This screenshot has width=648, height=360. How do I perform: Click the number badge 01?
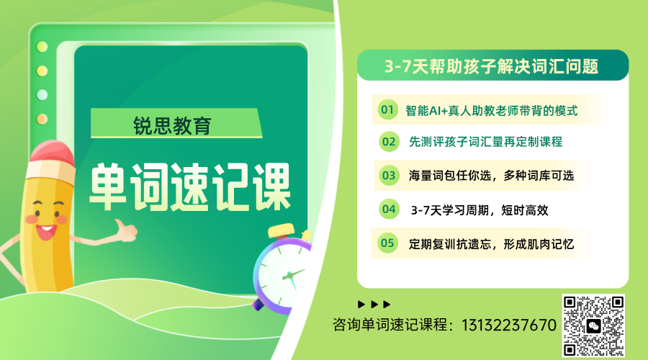tap(388, 110)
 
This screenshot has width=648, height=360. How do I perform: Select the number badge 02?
tap(389, 142)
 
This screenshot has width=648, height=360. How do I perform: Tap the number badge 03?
tap(389, 175)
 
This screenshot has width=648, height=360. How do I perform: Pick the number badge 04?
tap(389, 210)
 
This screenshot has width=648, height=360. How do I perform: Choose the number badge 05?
tap(387, 243)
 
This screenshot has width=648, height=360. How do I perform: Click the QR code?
tap(593, 325)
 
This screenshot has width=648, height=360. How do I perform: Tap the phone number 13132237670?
tap(506, 325)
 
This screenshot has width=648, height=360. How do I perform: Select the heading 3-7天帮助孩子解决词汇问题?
tap(492, 66)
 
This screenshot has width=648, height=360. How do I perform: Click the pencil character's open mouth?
tap(45, 232)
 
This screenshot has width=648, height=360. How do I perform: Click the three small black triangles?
tap(374, 304)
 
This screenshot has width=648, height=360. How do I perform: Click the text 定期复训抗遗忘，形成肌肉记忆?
tap(490, 243)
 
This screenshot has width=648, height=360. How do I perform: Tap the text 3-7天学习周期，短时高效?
tap(480, 210)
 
